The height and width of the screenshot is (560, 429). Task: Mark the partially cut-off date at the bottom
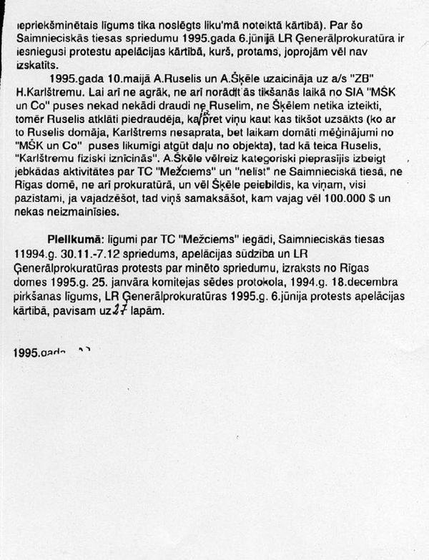(50, 352)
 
